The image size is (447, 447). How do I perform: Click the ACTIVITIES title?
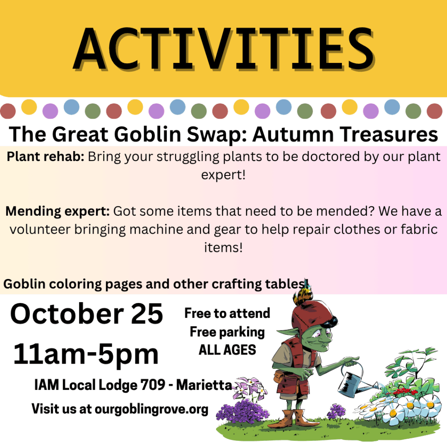point(223,48)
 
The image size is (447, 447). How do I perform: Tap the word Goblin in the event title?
point(148,134)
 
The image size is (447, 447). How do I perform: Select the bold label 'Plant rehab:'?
point(45,157)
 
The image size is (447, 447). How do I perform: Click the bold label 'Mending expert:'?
point(57,212)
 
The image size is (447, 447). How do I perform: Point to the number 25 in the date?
point(147,313)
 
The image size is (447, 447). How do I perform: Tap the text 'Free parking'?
point(227,332)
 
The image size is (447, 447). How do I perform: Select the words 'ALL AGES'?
point(227,350)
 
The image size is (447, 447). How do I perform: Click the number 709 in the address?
point(152,385)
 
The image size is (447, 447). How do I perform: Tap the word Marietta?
point(204,385)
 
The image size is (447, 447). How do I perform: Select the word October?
point(67,313)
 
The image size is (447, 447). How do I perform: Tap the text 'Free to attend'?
point(227,313)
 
